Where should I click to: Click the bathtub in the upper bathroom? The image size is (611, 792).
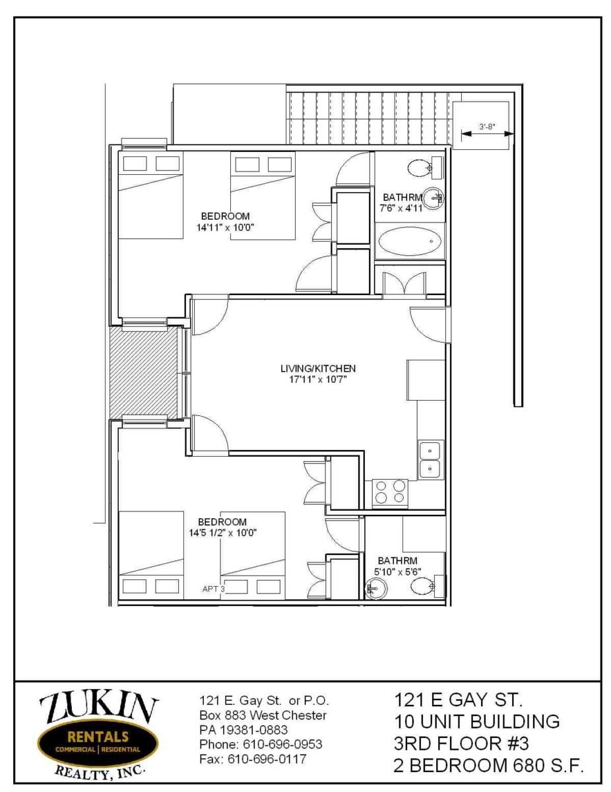(410, 241)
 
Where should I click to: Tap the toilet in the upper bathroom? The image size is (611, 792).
(424, 168)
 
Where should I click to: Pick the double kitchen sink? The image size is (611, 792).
(430, 459)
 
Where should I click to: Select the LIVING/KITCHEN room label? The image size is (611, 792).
(317, 368)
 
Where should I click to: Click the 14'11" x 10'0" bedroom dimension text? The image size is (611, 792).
(225, 228)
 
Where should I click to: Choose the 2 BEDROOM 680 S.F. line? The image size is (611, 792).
(488, 763)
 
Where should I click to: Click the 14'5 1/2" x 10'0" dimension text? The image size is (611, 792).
(222, 533)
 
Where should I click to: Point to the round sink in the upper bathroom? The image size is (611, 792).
(434, 199)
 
